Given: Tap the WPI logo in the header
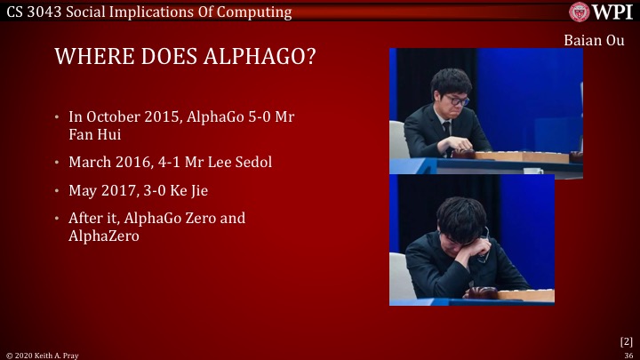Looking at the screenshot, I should point(602,12).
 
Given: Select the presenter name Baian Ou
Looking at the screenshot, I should point(594,41).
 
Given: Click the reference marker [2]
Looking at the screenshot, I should point(626,340).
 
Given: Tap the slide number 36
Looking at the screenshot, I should point(628,355).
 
